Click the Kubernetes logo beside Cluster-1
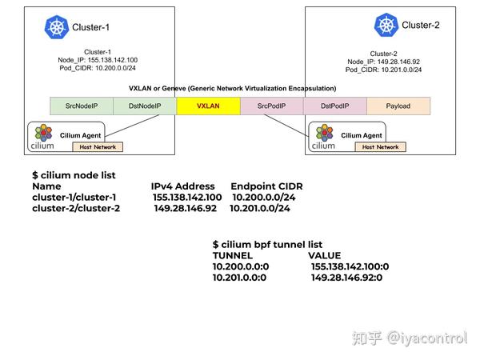click(57, 27)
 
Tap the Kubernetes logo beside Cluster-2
click(386, 25)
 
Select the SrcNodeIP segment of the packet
click(81, 105)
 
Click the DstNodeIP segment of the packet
click(144, 105)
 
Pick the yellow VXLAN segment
click(207, 105)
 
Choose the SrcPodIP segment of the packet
click(270, 105)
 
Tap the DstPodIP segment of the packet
click(334, 105)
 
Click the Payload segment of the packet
click(398, 105)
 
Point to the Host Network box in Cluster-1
click(96, 146)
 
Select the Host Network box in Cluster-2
click(380, 146)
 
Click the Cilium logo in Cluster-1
click(42, 137)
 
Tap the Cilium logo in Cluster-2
click(324, 137)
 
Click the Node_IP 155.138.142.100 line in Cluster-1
click(98, 60)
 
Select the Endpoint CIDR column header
click(266, 186)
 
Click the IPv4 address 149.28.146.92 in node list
click(185, 208)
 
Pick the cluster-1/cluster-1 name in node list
click(74, 197)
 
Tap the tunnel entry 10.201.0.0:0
click(239, 278)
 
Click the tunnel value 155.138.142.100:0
click(350, 266)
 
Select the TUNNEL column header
click(233, 255)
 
